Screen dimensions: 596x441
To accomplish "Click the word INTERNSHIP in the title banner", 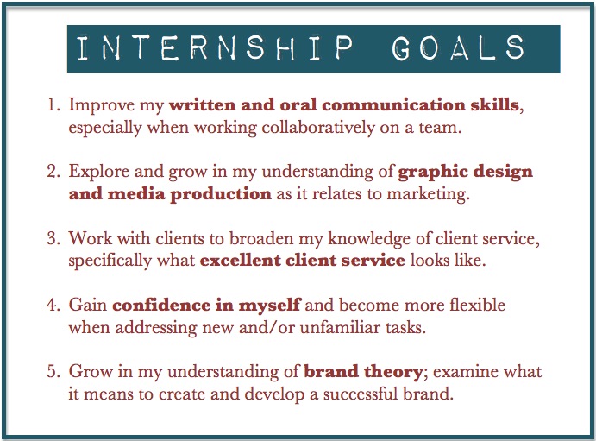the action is (216, 48).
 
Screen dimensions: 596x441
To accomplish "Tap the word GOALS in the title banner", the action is (458, 48).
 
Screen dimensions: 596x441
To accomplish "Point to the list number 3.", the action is (53, 238).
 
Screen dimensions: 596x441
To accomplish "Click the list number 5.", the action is (53, 371).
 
